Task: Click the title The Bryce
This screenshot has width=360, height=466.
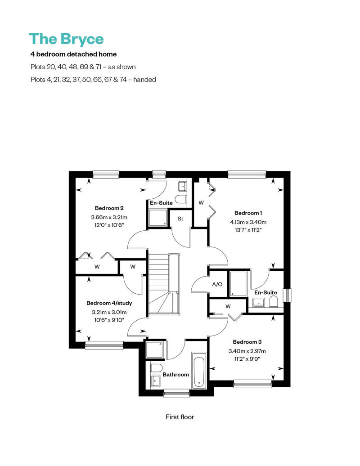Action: (66, 39)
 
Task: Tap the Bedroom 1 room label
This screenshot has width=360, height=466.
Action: (248, 213)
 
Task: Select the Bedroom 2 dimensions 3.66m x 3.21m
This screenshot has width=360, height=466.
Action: (109, 217)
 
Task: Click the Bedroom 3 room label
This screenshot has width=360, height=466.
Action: (247, 342)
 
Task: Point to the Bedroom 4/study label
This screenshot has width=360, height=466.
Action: (109, 303)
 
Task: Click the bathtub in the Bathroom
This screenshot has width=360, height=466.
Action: (198, 370)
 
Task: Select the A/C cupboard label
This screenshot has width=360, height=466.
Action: (217, 284)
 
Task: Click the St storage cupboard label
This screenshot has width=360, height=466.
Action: (180, 219)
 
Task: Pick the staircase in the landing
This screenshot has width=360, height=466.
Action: (164, 283)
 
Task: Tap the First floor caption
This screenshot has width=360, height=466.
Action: (180, 417)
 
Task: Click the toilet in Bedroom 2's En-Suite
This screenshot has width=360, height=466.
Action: (180, 199)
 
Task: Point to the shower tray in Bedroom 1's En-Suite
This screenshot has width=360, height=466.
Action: (238, 284)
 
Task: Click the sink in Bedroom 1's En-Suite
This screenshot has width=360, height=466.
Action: (259, 303)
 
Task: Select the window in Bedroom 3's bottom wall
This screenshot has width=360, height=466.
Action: (253, 384)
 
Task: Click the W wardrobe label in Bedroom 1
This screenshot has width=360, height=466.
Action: (201, 203)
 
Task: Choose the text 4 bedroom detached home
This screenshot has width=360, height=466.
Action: (73, 54)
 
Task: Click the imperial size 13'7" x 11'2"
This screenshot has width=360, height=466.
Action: (248, 230)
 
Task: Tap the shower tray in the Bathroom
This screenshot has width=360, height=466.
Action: (154, 349)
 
